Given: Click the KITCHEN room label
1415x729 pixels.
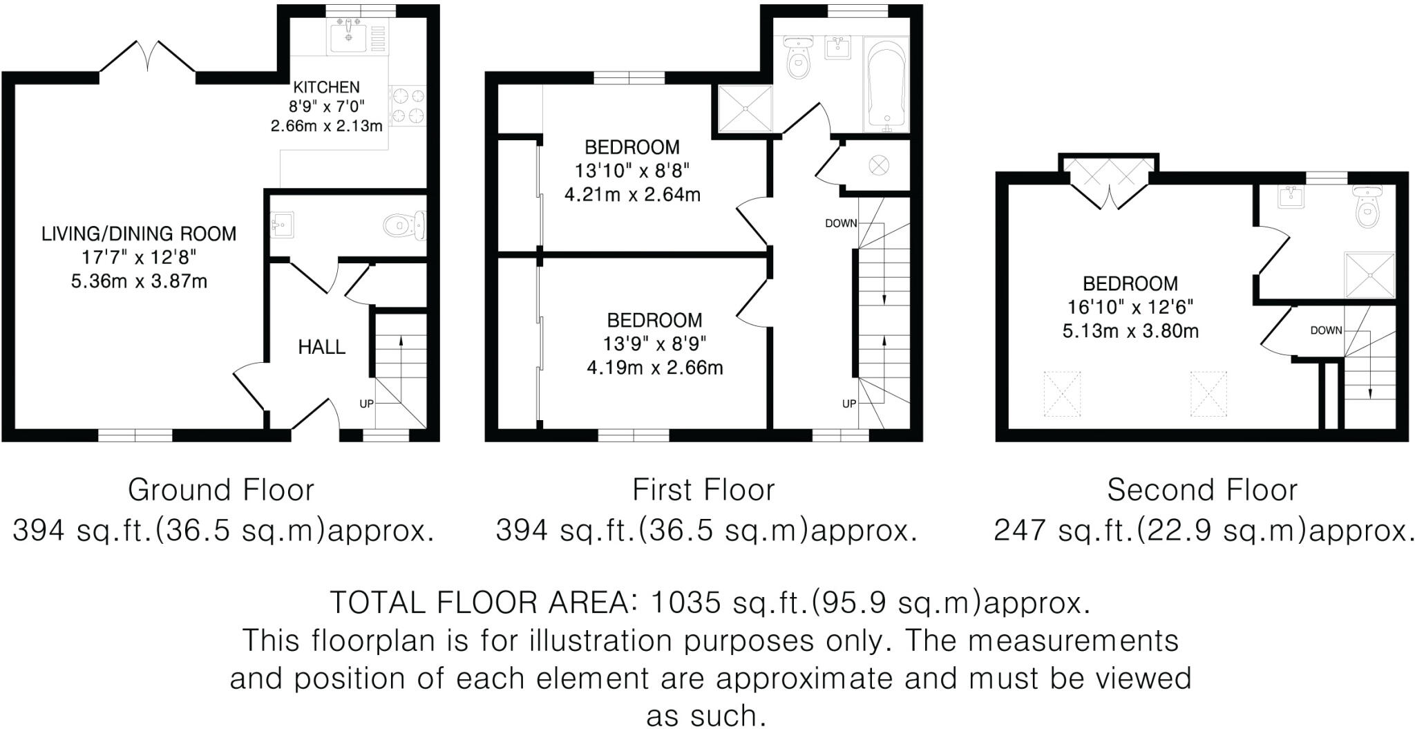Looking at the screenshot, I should pyautogui.click(x=326, y=87).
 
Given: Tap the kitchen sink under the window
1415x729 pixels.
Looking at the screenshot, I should pyautogui.click(x=350, y=36).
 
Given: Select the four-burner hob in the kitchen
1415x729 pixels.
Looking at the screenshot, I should pyautogui.click(x=408, y=106).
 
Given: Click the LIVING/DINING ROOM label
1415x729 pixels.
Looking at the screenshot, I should pyautogui.click(x=139, y=234).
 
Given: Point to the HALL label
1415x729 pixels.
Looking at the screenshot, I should pyautogui.click(x=321, y=347).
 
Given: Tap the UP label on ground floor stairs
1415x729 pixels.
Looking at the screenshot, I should pyautogui.click(x=365, y=404).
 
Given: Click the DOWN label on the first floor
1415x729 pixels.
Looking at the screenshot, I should pyautogui.click(x=840, y=223).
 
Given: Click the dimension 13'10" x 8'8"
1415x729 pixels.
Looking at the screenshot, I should pyautogui.click(x=632, y=171).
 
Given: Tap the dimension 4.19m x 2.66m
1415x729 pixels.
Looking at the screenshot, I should pyautogui.click(x=654, y=368).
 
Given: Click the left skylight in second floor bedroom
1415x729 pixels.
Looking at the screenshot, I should pyautogui.click(x=1061, y=394).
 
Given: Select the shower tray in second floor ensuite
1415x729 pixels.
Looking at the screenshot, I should pyautogui.click(x=1369, y=274).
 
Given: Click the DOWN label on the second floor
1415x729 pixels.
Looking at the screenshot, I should pyautogui.click(x=1326, y=330).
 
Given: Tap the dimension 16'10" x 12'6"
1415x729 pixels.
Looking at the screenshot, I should pyautogui.click(x=1130, y=307).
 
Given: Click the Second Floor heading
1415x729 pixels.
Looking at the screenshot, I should pyautogui.click(x=1202, y=490).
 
